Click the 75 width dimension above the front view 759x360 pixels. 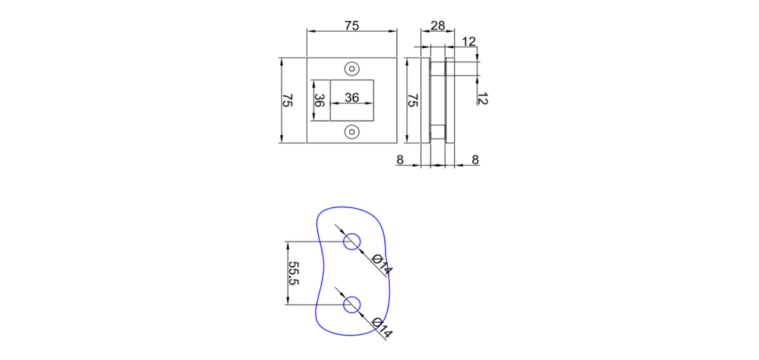[352, 25]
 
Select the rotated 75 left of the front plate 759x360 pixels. [288, 101]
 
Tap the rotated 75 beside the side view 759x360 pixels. [413, 101]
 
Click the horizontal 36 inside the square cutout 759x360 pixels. [352, 97]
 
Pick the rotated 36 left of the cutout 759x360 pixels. [319, 101]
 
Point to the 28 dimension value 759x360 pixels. [437, 25]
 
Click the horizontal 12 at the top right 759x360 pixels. [468, 41]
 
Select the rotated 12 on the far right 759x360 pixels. [483, 98]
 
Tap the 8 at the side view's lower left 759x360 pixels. [400, 159]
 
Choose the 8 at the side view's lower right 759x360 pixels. [475, 159]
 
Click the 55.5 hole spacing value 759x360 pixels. [294, 273]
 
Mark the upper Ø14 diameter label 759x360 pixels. [381, 264]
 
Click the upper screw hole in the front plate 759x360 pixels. [352, 68]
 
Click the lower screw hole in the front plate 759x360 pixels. [352, 132]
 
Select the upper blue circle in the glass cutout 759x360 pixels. [352, 241]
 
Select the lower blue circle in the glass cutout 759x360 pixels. [352, 304]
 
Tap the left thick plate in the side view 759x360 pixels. [425, 101]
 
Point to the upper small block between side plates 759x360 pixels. [438, 67]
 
